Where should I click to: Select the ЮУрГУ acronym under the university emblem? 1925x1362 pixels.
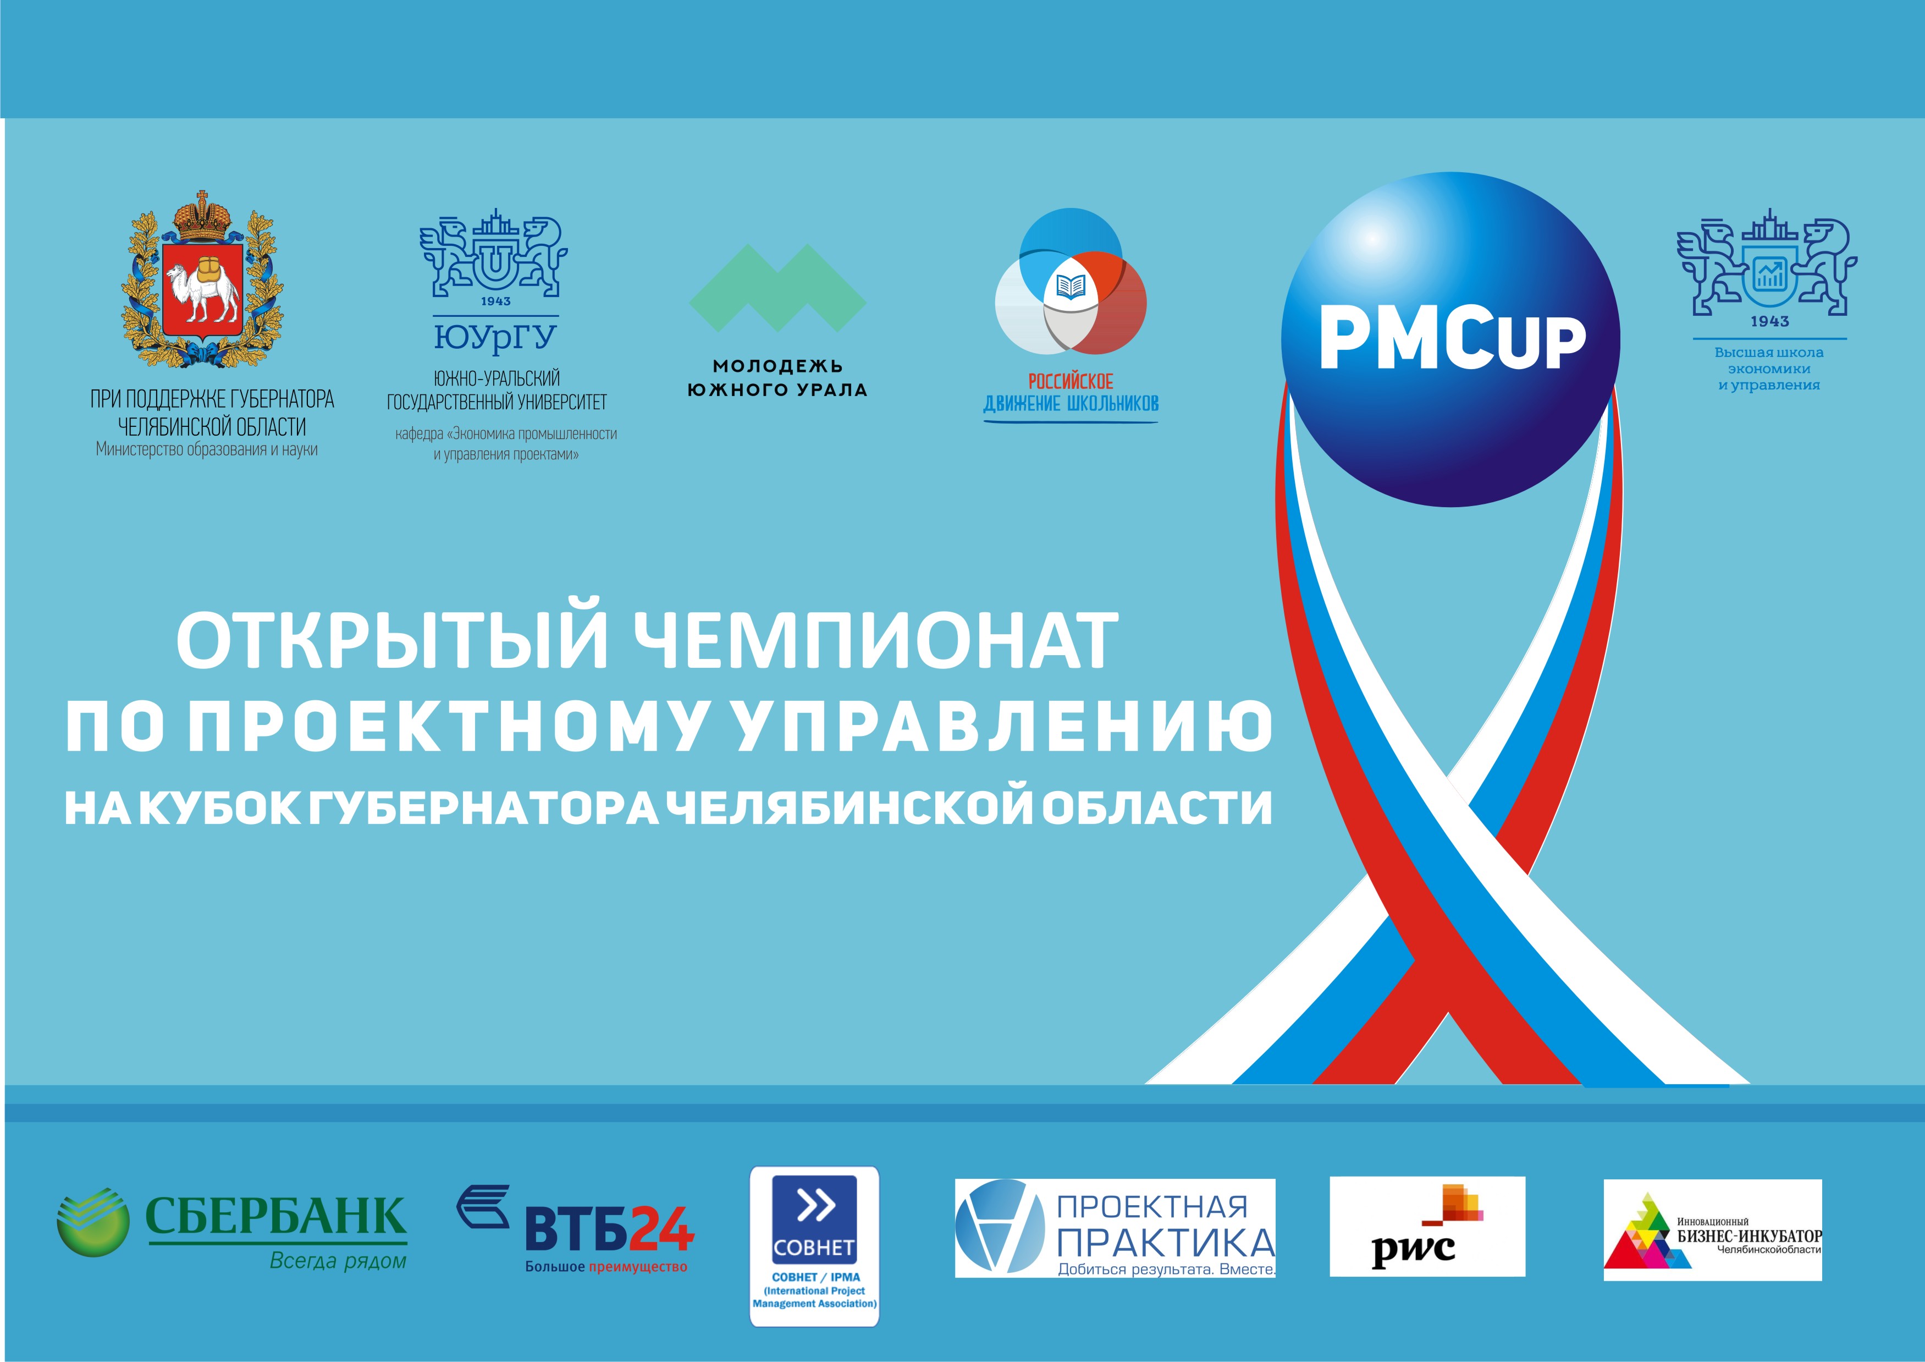(x=495, y=337)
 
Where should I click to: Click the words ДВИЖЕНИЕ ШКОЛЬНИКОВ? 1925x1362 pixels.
(x=1071, y=403)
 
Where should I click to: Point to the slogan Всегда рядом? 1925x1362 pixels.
(x=338, y=1261)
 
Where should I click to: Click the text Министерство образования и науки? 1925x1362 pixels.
(x=207, y=449)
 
